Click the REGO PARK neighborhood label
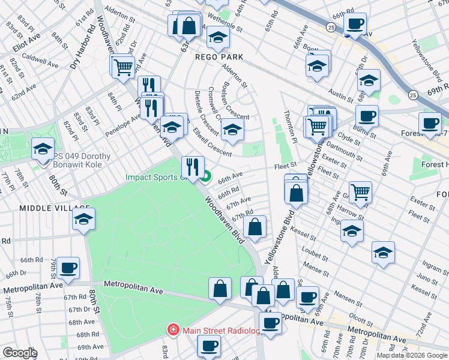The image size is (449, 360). click(218, 57)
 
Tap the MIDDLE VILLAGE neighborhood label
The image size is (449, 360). click(46, 208)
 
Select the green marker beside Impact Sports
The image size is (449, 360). click(206, 176)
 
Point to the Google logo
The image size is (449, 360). click(19, 353)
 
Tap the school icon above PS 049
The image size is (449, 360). click(43, 148)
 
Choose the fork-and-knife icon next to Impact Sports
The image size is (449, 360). click(193, 166)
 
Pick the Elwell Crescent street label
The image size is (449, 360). click(212, 145)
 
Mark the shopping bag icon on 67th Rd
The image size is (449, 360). click(255, 227)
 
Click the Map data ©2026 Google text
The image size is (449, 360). click(412, 355)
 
